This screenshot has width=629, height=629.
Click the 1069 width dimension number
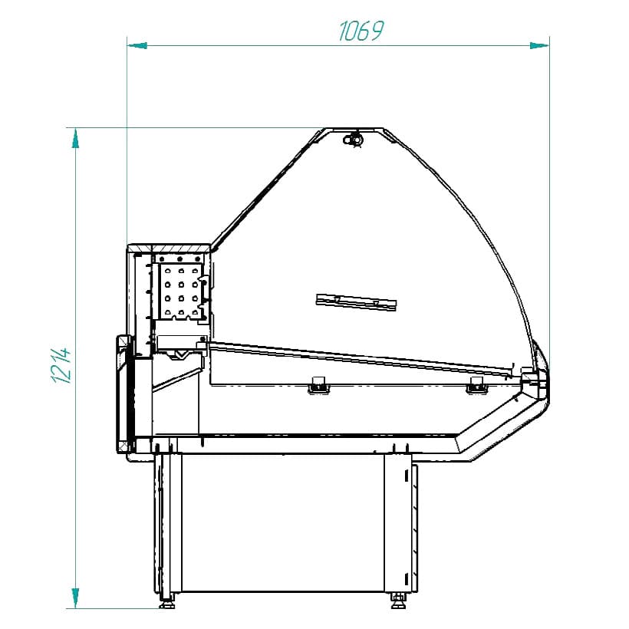click(x=361, y=31)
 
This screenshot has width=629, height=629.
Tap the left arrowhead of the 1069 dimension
click(x=137, y=45)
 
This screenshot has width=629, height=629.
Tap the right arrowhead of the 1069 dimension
click(x=539, y=45)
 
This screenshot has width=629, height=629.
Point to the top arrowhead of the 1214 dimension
click(x=75, y=138)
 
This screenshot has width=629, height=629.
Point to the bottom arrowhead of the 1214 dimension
click(x=75, y=598)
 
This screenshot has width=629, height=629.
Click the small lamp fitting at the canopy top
click(x=354, y=138)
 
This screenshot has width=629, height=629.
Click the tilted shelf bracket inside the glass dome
click(x=357, y=301)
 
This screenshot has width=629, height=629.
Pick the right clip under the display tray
click(x=476, y=385)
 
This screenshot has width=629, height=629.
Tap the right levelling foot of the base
click(x=397, y=599)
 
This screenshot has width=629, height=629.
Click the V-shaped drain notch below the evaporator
click(x=181, y=354)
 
